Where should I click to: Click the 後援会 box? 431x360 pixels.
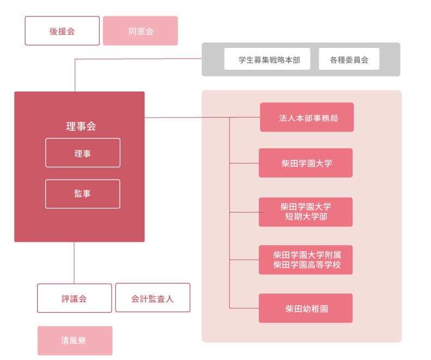point(62,31)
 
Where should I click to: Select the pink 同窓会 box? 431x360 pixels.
point(140,31)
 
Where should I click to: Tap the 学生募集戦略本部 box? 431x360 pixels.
point(267,59)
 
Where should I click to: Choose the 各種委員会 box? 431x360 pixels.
point(349,59)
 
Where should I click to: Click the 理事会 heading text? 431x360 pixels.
point(81,126)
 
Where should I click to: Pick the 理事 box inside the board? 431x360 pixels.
point(83,153)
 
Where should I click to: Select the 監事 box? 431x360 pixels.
point(83,194)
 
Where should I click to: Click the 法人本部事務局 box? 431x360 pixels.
point(307,117)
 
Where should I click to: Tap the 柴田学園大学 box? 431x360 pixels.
point(306,163)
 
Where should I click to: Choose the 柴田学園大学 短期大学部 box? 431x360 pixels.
point(306,212)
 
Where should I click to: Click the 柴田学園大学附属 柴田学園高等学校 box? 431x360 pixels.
point(306,260)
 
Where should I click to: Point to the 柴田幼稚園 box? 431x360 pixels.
point(306,308)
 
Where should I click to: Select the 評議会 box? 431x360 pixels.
point(75,298)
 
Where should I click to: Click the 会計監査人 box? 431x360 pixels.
point(153,297)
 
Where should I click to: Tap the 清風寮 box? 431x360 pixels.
point(75,341)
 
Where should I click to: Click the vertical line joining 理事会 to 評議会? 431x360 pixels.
point(74,263)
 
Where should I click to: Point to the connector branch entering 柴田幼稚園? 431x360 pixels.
point(244,308)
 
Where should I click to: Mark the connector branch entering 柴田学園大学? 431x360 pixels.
point(244,163)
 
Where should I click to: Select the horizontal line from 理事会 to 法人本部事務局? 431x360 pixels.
point(202,117)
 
